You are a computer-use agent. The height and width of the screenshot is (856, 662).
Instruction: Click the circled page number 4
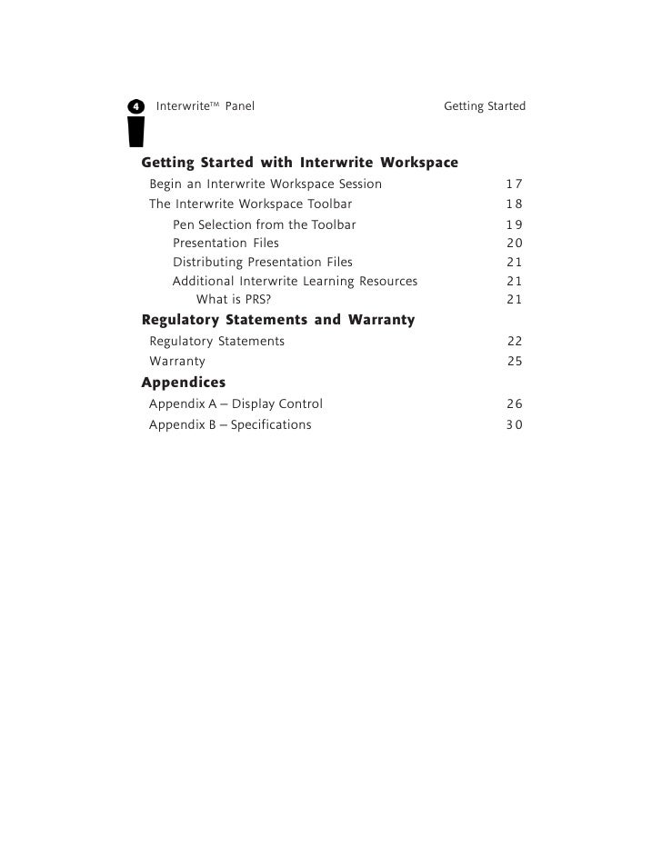pyautogui.click(x=136, y=107)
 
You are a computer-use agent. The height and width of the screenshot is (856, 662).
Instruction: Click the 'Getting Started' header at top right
pyautogui.click(x=484, y=107)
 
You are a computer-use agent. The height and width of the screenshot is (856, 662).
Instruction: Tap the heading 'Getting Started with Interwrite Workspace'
pyautogui.click(x=299, y=164)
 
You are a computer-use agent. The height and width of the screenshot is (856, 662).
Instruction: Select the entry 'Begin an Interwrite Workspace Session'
pyautogui.click(x=266, y=184)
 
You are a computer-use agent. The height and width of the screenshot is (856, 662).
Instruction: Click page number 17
pyautogui.click(x=514, y=184)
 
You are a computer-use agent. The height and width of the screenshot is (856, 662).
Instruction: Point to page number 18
pyautogui.click(x=514, y=204)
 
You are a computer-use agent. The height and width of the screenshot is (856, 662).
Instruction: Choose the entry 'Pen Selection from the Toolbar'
pyautogui.click(x=264, y=224)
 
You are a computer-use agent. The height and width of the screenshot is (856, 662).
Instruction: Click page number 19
pyautogui.click(x=514, y=224)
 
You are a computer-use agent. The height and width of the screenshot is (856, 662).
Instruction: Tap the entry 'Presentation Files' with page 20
pyautogui.click(x=226, y=244)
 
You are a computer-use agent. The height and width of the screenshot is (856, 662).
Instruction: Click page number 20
pyautogui.click(x=514, y=244)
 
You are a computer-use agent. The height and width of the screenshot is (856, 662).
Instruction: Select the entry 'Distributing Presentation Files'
pyautogui.click(x=262, y=263)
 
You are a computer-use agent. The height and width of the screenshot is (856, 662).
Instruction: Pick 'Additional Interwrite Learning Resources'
pyautogui.click(x=295, y=282)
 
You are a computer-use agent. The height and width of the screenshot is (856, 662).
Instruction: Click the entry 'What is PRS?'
pyautogui.click(x=234, y=300)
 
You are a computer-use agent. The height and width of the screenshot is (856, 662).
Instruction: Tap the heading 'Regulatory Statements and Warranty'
pyautogui.click(x=278, y=320)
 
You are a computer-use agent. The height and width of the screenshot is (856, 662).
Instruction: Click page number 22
pyautogui.click(x=515, y=342)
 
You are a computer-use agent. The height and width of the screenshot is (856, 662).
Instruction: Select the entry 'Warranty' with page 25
pyautogui.click(x=177, y=362)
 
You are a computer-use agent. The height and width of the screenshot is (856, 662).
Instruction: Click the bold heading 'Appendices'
pyautogui.click(x=183, y=382)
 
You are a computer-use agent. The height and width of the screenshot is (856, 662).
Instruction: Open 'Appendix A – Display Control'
pyautogui.click(x=236, y=404)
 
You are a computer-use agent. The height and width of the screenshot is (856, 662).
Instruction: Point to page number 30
pyautogui.click(x=514, y=425)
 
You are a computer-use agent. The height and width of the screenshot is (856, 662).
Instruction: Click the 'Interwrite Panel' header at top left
pyautogui.click(x=206, y=107)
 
